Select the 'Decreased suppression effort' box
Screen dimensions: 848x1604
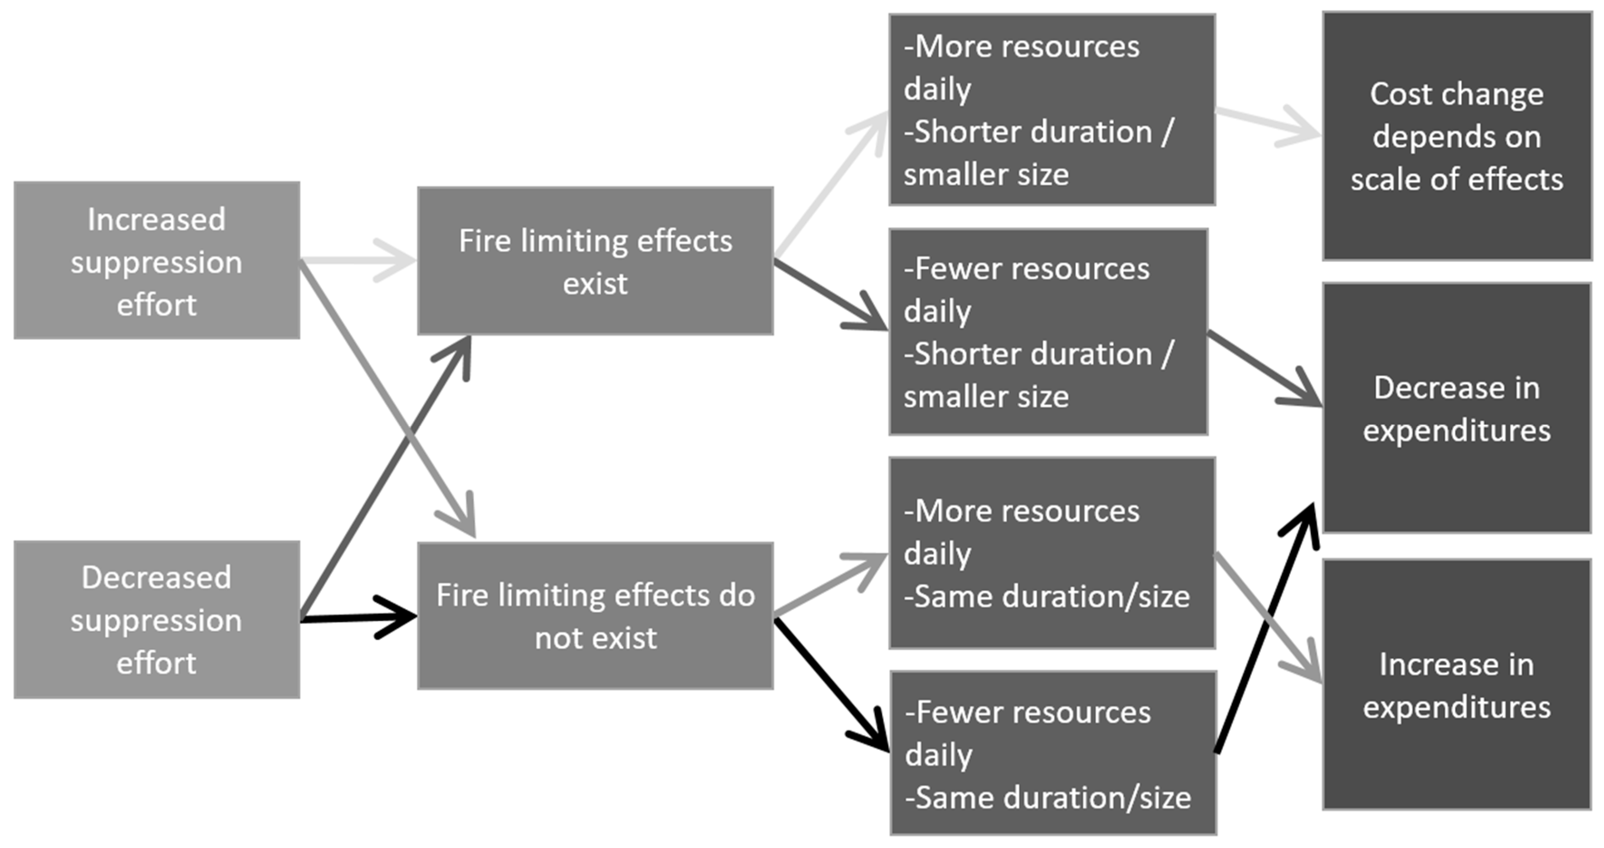(x=157, y=620)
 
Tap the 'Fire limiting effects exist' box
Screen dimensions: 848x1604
(x=595, y=261)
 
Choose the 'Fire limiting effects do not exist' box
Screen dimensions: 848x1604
(x=595, y=616)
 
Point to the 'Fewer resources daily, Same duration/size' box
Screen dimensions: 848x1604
(x=1053, y=753)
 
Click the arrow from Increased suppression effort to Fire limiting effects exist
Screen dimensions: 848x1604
(x=358, y=260)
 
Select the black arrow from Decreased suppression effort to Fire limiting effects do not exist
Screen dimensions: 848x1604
(x=358, y=618)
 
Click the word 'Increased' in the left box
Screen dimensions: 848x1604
(x=156, y=219)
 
